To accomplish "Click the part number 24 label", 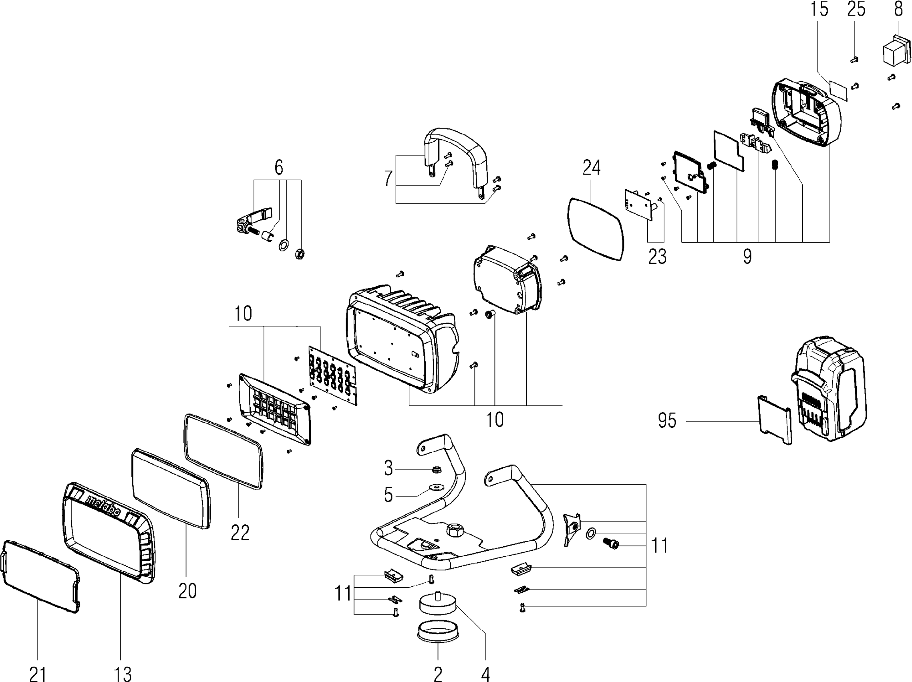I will coord(591,168).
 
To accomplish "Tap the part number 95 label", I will coord(667,421).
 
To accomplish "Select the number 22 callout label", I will coord(240,533).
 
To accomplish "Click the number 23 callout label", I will coord(657,256).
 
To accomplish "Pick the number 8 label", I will coord(898,9).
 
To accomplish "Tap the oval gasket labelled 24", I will coord(596,229).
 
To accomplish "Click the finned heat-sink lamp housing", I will coord(400,342).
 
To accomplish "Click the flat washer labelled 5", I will coord(435,488).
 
